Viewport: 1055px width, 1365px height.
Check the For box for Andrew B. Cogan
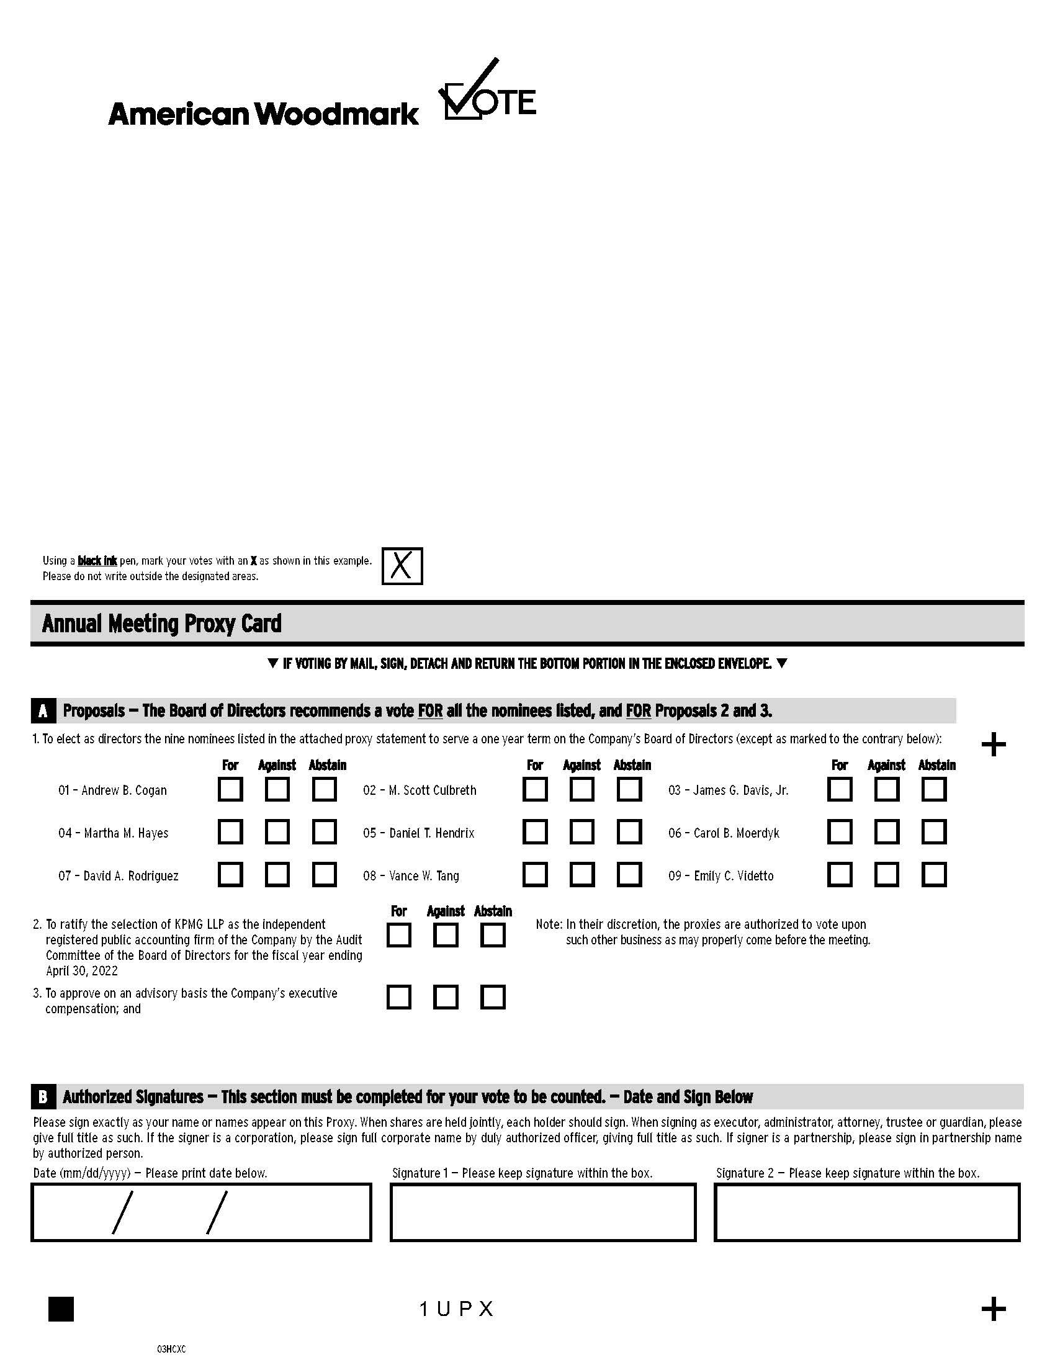(230, 789)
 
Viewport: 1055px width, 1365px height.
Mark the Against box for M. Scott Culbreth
(582, 789)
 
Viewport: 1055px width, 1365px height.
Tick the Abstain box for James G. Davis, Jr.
(934, 789)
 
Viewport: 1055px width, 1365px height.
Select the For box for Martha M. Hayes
(230, 832)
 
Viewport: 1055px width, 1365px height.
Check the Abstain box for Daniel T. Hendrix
(629, 832)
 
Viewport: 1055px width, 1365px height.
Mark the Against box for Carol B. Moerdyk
(886, 832)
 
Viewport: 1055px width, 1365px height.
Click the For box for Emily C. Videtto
(840, 875)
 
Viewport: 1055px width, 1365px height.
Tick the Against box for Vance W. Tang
(582, 875)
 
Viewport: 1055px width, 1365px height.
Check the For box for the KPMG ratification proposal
(399, 936)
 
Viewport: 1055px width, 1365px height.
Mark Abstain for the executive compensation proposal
(493, 997)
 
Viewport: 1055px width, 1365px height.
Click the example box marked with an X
(402, 566)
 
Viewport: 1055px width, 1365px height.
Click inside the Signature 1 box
(542, 1212)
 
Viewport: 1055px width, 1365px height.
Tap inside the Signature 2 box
(866, 1212)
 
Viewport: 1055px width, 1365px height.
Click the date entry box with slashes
(200, 1212)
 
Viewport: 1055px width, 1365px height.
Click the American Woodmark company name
(263, 114)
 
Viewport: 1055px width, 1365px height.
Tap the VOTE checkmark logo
(488, 92)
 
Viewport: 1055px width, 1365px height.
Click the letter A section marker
(43, 711)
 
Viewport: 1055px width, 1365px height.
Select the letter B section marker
(43, 1097)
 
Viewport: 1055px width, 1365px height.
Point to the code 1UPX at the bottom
(457, 1309)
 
